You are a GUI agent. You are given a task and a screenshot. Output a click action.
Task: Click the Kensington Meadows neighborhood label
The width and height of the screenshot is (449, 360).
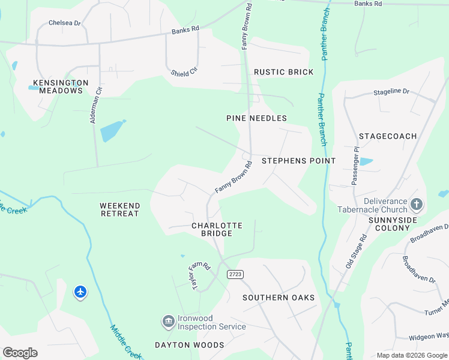(61, 86)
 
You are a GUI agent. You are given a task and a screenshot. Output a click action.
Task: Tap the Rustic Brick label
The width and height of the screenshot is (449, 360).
(283, 72)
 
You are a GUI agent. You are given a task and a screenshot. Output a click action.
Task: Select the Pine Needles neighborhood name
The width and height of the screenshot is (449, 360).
(256, 118)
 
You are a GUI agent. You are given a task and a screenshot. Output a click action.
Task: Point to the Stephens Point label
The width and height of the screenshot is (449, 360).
(298, 161)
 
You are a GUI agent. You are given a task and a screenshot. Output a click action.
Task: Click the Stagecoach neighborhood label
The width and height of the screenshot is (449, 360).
(387, 136)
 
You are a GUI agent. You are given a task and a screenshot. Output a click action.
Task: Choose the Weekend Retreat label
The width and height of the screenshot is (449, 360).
(120, 209)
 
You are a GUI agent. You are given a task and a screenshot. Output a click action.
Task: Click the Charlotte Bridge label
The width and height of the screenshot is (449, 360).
(217, 229)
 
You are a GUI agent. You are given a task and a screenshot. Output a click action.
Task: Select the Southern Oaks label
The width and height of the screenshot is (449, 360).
(279, 298)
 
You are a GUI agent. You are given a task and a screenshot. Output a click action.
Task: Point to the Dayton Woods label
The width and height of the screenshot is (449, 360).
(189, 345)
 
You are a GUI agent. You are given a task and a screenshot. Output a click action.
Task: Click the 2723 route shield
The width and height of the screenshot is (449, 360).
(235, 274)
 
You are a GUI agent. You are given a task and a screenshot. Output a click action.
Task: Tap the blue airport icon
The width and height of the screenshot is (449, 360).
(80, 292)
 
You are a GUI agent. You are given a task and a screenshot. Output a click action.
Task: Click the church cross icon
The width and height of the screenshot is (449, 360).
(417, 205)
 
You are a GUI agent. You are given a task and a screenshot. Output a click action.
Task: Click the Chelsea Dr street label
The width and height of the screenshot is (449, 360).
(64, 23)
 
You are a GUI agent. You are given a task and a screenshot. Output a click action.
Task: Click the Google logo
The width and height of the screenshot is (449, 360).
(20, 353)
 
